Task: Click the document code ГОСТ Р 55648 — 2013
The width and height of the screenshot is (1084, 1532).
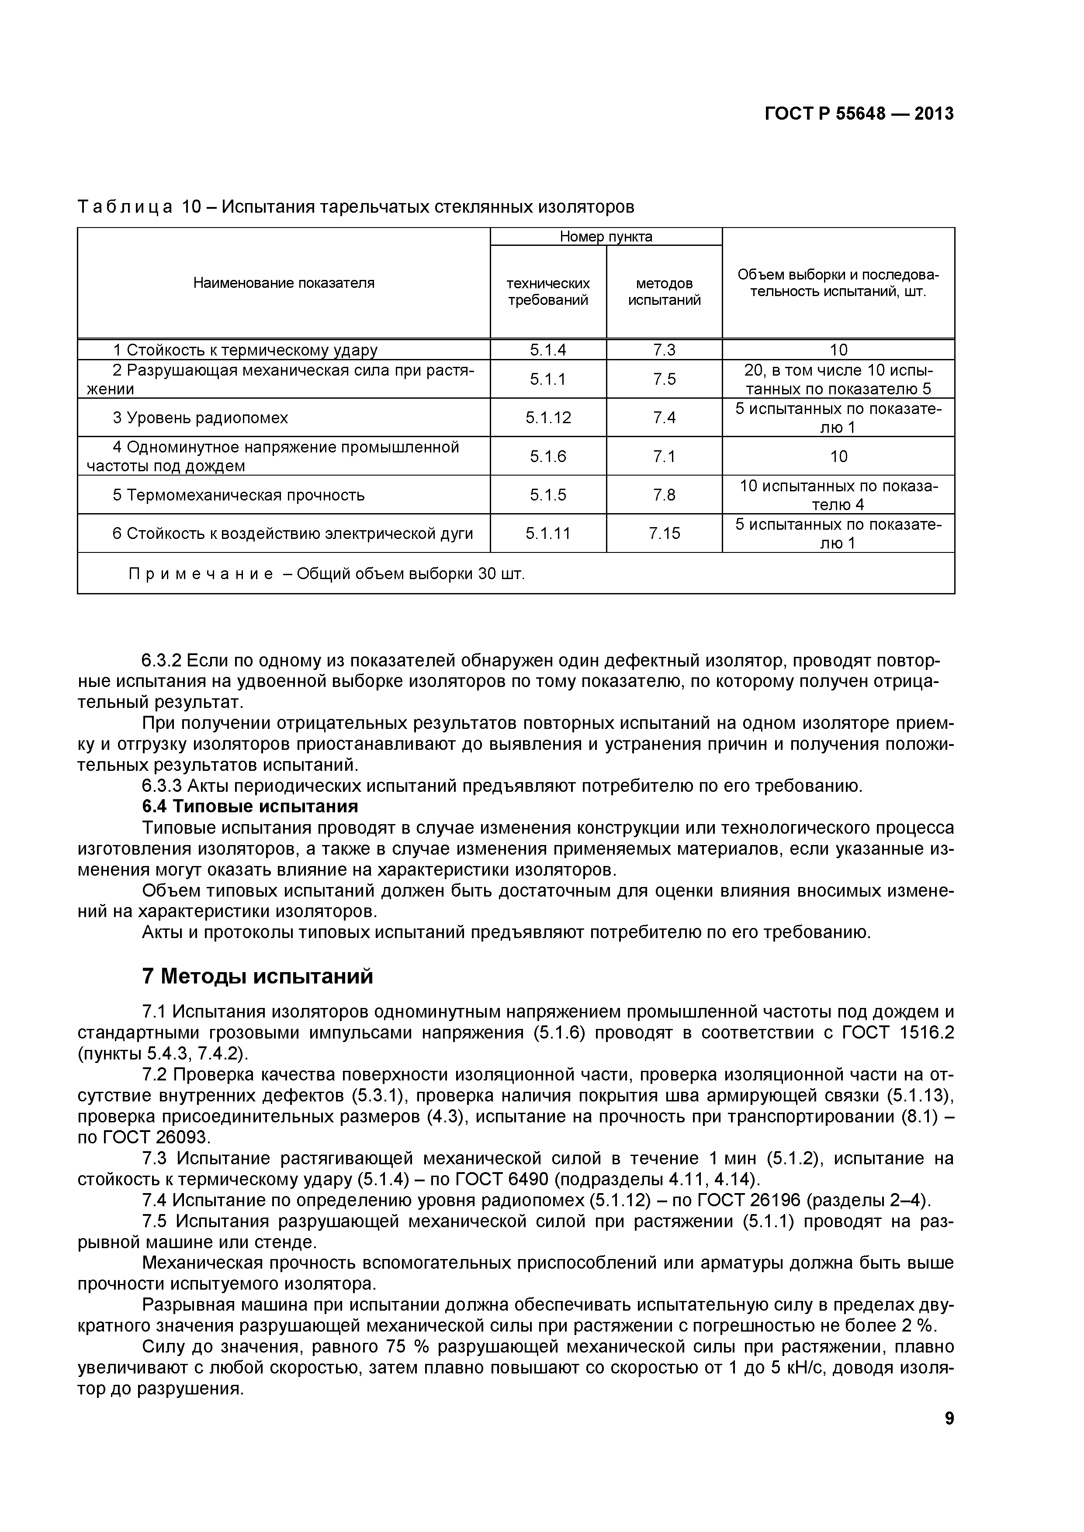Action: point(859,114)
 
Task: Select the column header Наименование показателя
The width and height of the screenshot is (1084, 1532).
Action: point(284,283)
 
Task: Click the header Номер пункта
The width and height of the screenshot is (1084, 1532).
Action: point(606,236)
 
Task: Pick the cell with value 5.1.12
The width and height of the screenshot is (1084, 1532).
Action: point(548,418)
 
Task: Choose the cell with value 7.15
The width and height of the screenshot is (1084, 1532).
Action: point(664,533)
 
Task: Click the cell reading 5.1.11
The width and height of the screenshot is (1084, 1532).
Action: point(548,533)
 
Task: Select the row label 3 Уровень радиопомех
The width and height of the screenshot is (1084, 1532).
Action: point(200,418)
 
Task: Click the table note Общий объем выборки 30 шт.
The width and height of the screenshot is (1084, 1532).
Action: point(410,574)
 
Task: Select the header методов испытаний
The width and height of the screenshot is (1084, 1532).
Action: point(664,292)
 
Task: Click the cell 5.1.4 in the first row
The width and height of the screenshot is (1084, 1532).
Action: point(548,350)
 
